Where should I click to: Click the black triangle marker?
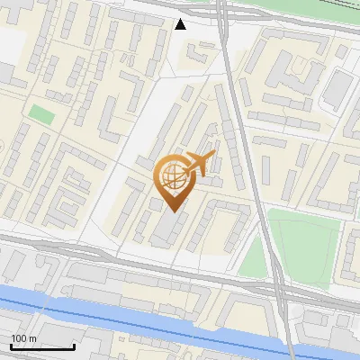click(x=181, y=24)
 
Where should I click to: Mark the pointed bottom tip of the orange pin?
click(x=173, y=211)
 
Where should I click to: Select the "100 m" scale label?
click(x=22, y=338)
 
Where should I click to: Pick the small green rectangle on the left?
click(x=40, y=114)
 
